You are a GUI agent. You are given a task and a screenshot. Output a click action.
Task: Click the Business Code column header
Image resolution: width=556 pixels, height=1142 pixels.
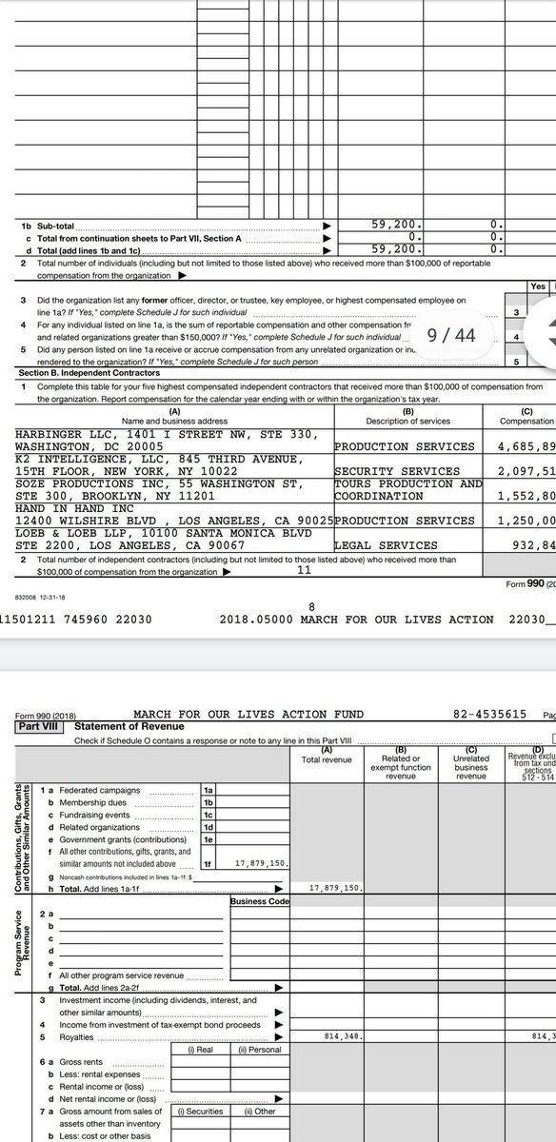click(x=260, y=900)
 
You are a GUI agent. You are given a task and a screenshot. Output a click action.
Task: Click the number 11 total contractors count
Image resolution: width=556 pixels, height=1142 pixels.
click(x=305, y=571)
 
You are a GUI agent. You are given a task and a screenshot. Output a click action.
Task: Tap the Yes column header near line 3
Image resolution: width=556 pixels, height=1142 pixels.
click(x=537, y=285)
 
